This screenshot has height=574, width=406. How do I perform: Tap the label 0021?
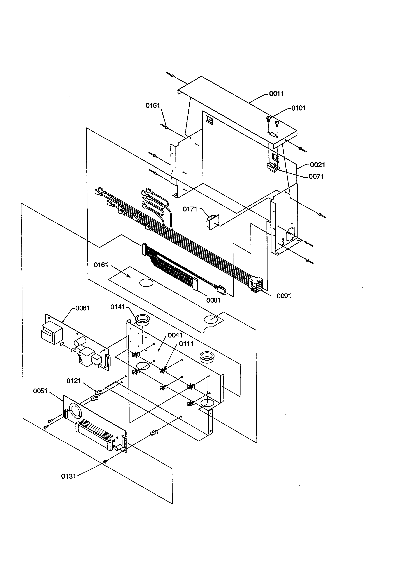pos(317,165)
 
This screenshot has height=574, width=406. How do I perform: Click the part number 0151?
pos(153,106)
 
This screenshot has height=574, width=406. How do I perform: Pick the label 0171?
pos(190,209)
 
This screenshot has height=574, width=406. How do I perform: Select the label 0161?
pos(101,265)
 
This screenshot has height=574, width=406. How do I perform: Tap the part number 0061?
pos(83,308)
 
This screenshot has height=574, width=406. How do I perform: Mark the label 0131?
pos(68,476)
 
